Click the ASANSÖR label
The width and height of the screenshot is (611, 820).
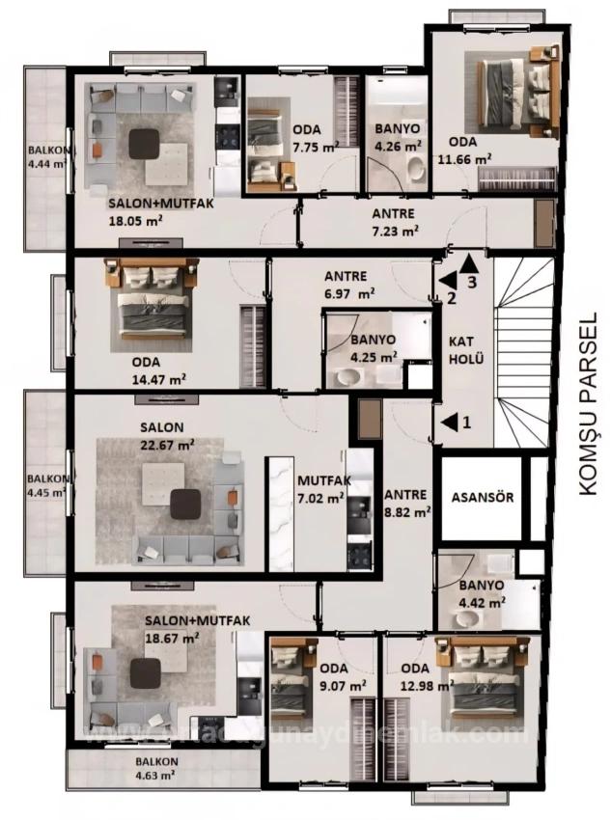[x=483, y=499]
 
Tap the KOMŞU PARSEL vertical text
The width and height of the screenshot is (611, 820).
[x=590, y=404]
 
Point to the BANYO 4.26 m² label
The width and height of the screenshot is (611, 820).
[x=397, y=136]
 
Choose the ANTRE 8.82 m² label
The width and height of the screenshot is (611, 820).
[x=406, y=504]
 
